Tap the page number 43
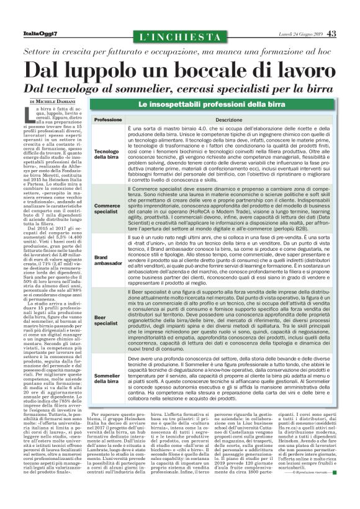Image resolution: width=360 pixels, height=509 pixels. point(332,33)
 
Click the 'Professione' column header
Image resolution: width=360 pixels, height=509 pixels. point(125,119)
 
